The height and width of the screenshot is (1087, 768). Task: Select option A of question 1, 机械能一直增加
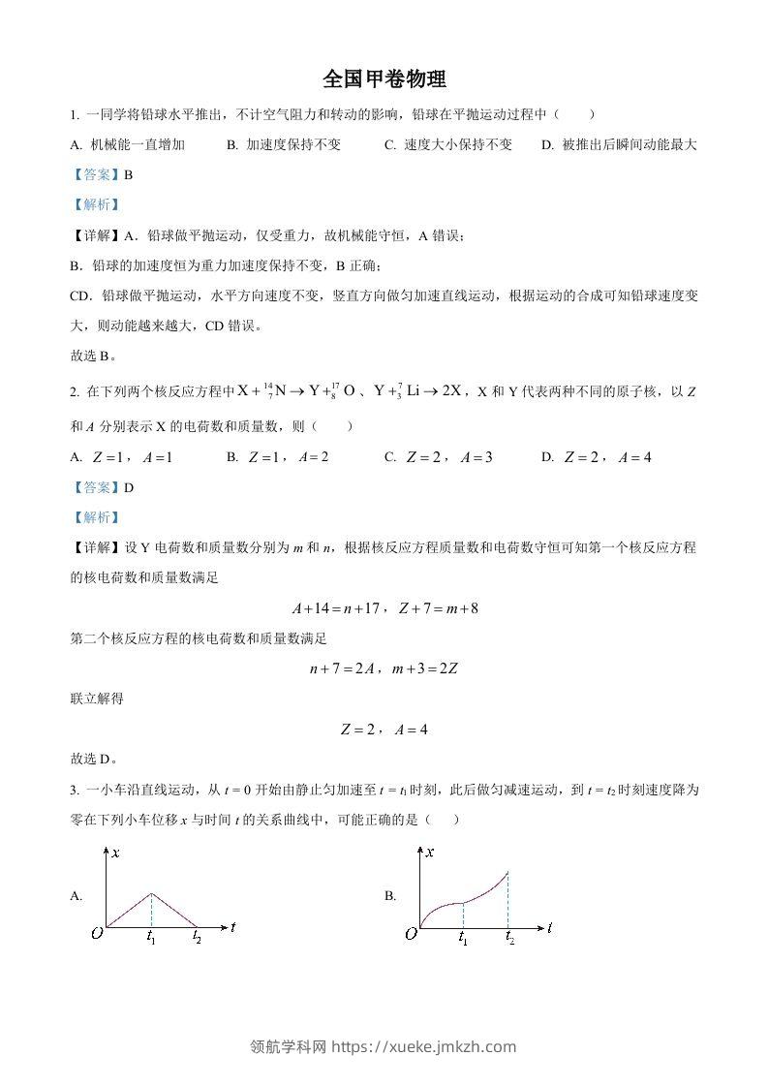coord(127,145)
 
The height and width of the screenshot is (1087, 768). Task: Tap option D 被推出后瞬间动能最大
coord(620,145)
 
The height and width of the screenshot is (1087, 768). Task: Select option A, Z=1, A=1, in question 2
coord(121,457)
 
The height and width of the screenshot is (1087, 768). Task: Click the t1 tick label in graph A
coord(151,937)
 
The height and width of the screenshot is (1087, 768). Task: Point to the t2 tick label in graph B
coord(509,939)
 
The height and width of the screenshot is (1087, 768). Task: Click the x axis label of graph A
coord(115,853)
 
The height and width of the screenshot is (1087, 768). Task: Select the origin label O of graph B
coord(411,934)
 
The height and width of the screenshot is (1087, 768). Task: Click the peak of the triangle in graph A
coord(151,893)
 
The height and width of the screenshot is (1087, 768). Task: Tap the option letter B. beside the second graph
coord(390,896)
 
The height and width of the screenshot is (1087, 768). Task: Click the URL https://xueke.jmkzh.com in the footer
coord(424,1046)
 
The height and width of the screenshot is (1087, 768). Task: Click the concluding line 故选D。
coord(93,760)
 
